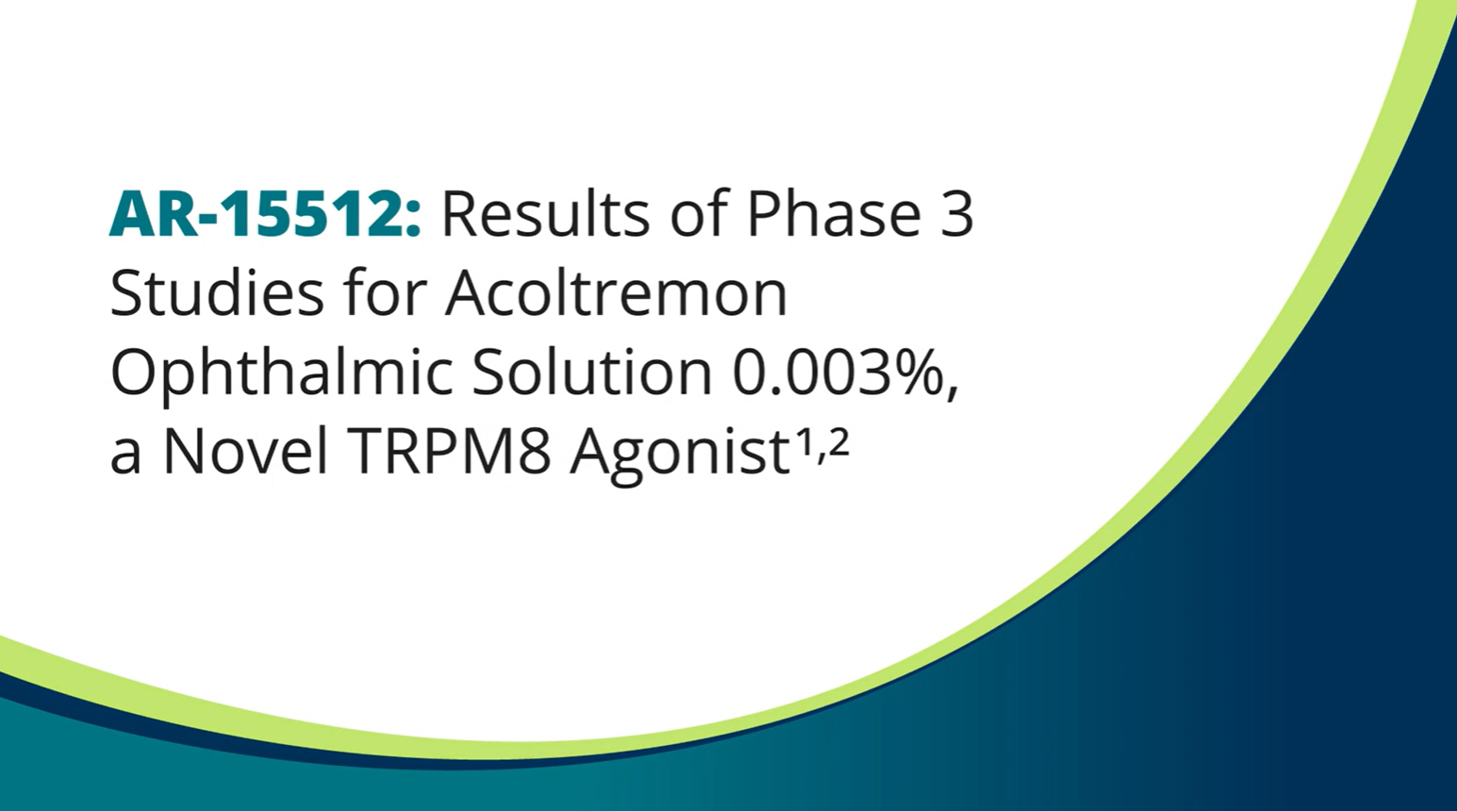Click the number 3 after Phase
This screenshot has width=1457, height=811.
click(x=957, y=215)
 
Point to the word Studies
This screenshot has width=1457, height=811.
click(x=217, y=292)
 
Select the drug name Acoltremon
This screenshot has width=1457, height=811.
click(x=616, y=292)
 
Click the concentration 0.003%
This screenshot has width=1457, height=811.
click(x=838, y=374)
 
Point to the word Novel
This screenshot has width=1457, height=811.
click(x=245, y=452)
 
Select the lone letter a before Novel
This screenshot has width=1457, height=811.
click(x=125, y=458)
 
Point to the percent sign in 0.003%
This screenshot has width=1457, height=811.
click(x=918, y=374)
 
